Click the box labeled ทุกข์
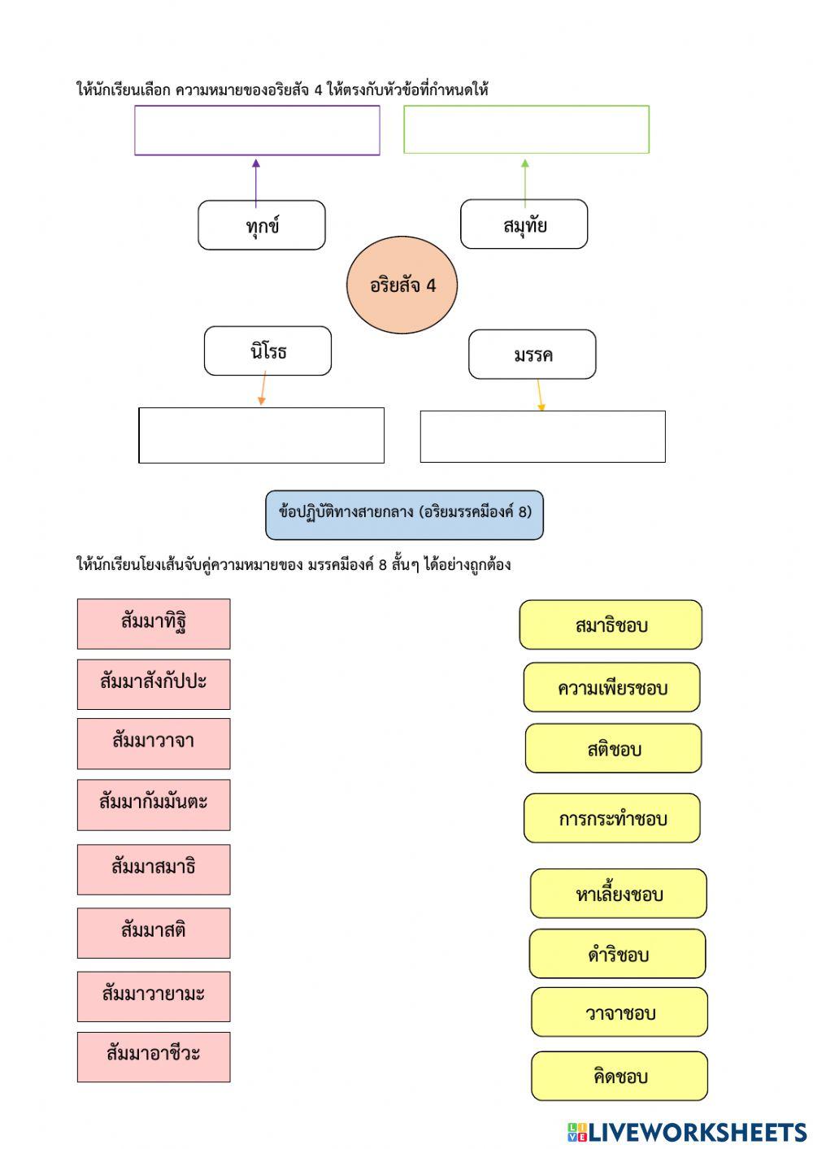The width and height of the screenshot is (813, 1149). tap(262, 225)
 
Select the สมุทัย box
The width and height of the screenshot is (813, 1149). tap(524, 224)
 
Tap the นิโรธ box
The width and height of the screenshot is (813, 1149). tap(267, 350)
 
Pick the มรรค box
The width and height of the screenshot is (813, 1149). tap(532, 355)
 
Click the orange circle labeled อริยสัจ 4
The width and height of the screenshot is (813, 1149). tap(402, 285)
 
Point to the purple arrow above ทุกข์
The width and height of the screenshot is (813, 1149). tap(256, 184)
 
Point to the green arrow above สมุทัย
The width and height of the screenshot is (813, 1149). tap(524, 183)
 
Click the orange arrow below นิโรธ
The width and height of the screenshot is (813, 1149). tap(263, 389)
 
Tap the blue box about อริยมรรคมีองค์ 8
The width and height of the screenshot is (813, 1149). tap(404, 515)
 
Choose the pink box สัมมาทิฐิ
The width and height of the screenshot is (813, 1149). tap(154, 624)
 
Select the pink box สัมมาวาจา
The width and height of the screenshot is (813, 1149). tap(154, 744)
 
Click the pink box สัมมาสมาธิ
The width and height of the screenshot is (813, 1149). tap(154, 869)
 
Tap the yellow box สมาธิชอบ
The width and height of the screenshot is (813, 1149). tap(611, 625)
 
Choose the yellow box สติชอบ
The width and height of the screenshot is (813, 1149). tap(613, 748)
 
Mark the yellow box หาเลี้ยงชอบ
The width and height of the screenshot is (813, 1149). tap(618, 894)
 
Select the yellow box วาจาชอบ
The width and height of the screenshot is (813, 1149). tap(620, 1012)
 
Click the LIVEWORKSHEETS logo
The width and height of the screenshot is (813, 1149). tap(687, 1132)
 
